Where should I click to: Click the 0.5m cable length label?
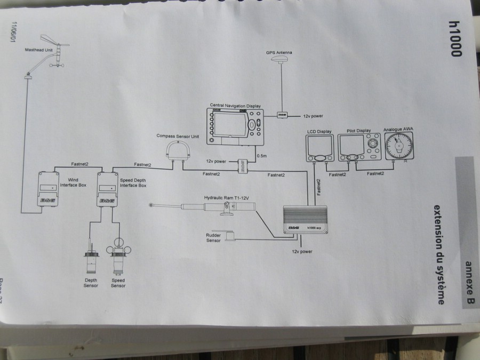[262, 156]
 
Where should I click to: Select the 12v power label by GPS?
[313, 116]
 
